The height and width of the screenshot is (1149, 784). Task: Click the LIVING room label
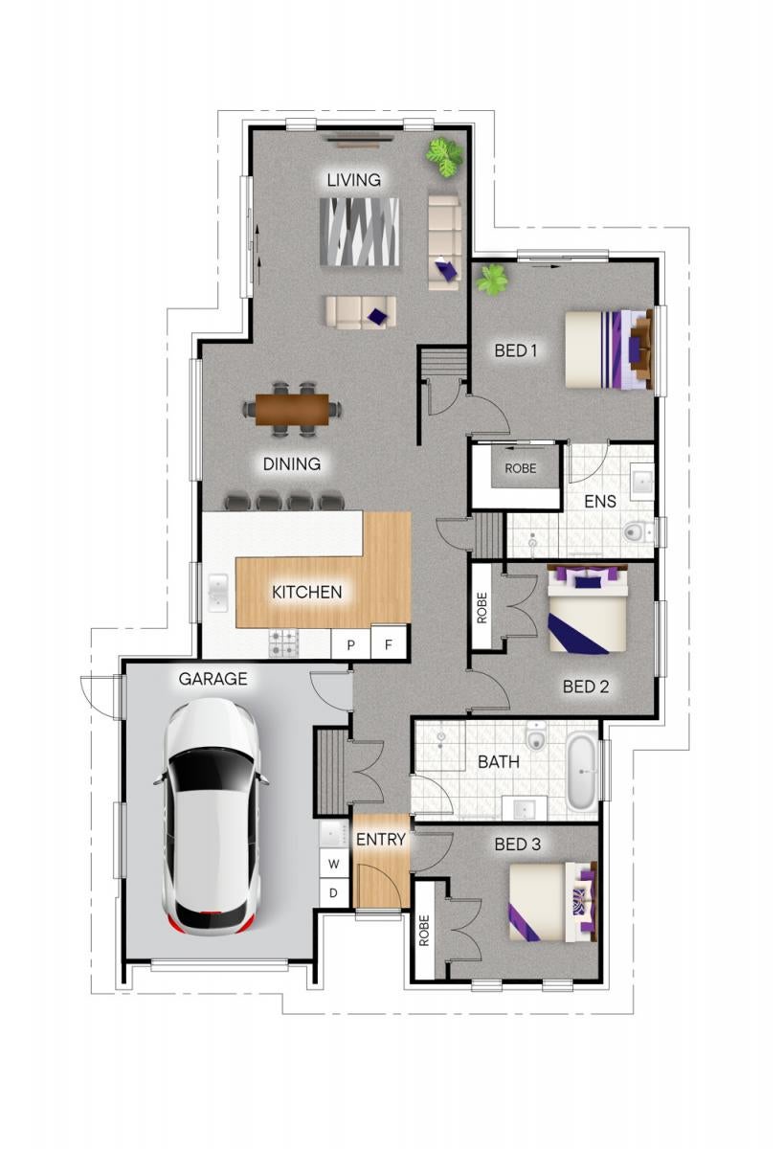pos(354,180)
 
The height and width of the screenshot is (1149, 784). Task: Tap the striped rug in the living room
pos(359,232)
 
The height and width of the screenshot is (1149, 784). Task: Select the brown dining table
pos(292,410)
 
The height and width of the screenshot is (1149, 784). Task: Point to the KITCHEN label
pos(306,592)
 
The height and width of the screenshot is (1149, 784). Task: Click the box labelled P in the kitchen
pos(350,644)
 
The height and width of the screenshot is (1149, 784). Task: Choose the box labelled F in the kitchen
pos(388,643)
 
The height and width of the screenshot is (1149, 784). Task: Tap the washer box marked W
pos(334,864)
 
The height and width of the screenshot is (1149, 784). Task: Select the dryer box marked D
pos(333,893)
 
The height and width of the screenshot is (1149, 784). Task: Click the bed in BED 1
pos(609,349)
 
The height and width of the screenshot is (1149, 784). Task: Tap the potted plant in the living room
pos(445,157)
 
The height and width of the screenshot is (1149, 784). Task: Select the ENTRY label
pos(380,840)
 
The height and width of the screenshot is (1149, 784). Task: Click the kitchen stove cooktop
pos(283,643)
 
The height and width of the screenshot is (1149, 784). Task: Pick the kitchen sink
pos(218,594)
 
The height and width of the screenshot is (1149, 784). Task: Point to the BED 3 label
pos(517,845)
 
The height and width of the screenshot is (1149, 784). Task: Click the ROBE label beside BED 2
pos(482,608)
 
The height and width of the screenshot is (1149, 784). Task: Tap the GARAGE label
pos(213,679)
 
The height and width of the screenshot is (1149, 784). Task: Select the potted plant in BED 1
pos(492,280)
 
